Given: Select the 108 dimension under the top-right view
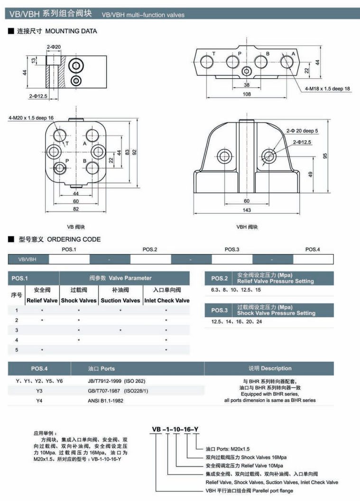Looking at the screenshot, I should click(246, 94).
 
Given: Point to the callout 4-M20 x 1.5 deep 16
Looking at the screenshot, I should click(31, 118).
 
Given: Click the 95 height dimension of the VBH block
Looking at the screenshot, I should click(326, 155).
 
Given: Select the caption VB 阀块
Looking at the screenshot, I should click(75, 227).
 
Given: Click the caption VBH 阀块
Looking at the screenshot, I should click(247, 227).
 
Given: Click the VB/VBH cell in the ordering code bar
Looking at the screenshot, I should click(27, 259).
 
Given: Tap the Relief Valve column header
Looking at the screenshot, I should click(42, 300).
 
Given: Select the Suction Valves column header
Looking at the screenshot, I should click(120, 300).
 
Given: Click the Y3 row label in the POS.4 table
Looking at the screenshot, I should click(39, 391).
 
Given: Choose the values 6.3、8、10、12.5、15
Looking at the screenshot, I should click(236, 289).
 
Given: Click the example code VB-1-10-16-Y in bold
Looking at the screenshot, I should click(175, 430).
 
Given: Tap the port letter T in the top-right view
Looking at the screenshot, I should click(214, 54).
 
